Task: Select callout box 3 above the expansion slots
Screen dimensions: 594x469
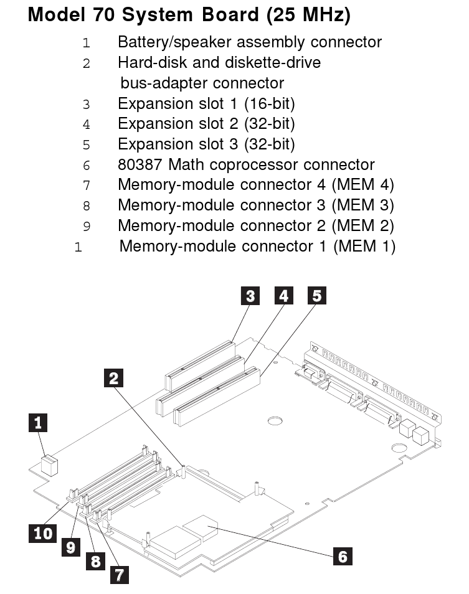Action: [250, 296]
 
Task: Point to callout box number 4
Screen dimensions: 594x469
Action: [283, 296]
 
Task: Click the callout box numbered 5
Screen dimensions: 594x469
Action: [317, 296]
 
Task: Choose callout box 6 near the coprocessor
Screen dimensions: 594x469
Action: [342, 556]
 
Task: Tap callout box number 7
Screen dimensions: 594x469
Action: [119, 573]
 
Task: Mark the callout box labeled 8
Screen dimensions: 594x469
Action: [95, 561]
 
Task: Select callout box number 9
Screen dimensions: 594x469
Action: [71, 547]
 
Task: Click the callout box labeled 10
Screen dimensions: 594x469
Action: [43, 533]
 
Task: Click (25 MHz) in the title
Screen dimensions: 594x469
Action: [309, 15]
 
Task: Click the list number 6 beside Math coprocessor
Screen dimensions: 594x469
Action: [87, 166]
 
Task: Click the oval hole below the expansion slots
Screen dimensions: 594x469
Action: [275, 422]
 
